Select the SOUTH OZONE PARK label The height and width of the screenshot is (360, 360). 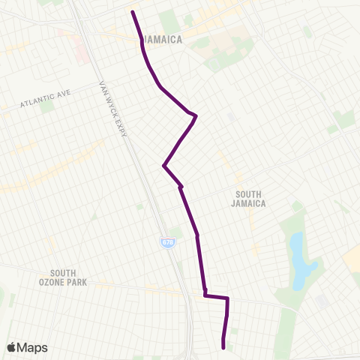click(x=68, y=277)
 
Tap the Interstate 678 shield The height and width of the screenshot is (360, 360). click(x=166, y=242)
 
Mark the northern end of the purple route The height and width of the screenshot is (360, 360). click(x=133, y=13)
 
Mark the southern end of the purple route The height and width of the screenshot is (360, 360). click(x=223, y=346)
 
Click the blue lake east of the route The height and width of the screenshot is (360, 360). click(x=297, y=259)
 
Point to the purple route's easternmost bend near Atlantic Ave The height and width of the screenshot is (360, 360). click(x=195, y=115)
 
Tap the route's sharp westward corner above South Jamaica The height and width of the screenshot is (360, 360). click(x=163, y=166)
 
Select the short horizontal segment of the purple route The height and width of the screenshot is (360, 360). click(x=216, y=297)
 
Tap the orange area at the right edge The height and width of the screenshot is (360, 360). click(x=352, y=259)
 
